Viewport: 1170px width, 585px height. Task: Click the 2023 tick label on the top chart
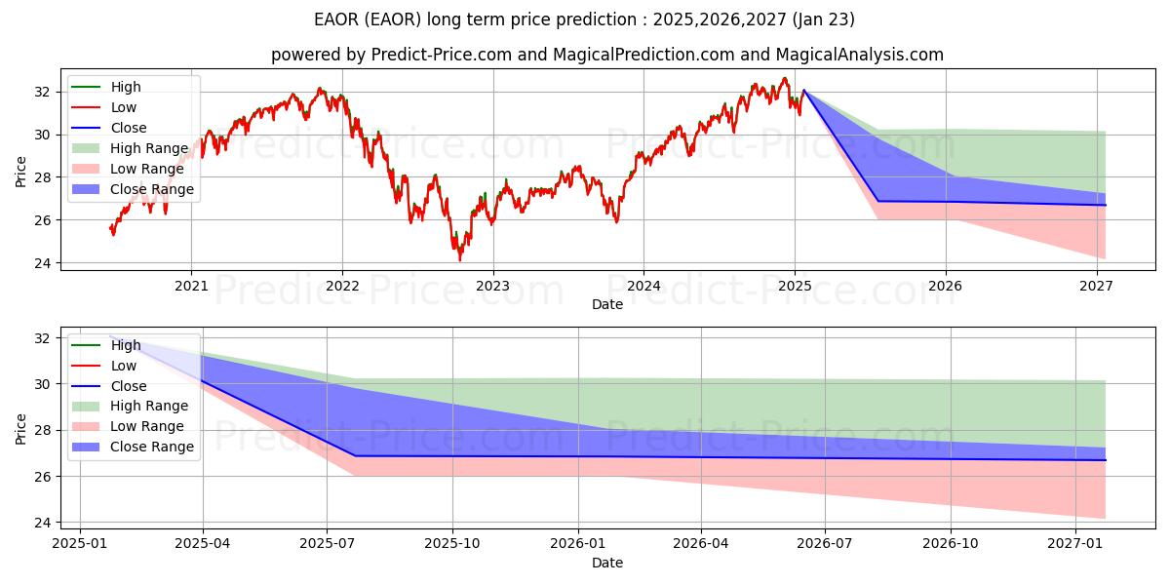click(x=492, y=286)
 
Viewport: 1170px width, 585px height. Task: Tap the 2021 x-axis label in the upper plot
click(x=191, y=286)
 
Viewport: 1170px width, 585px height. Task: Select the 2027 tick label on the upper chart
click(x=1097, y=286)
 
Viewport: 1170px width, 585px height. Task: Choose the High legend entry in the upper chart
click(x=124, y=87)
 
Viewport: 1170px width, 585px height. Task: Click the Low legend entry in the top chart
click(x=124, y=107)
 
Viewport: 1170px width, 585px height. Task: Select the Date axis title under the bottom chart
click(x=606, y=563)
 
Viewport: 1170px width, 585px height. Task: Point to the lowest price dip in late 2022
click(x=460, y=259)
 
